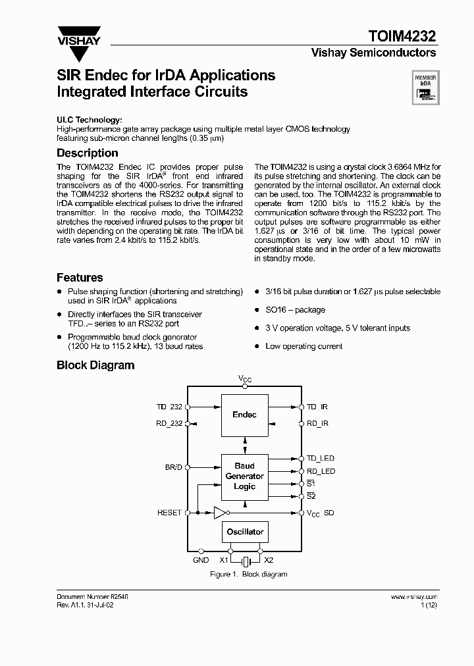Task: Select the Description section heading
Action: coord(88,153)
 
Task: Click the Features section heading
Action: coord(80,278)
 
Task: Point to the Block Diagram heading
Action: coord(95,365)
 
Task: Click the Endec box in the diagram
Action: coord(244,415)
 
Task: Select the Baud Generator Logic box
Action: coord(244,476)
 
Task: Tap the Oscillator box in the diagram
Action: coord(244,532)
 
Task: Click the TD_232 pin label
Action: coord(169,407)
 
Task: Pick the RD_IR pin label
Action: coord(317,424)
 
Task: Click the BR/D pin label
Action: coord(173,467)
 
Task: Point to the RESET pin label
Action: coord(169,512)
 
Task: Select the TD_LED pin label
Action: coord(321,458)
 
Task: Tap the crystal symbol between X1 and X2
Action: coord(245,561)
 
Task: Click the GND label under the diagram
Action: coord(201,561)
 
